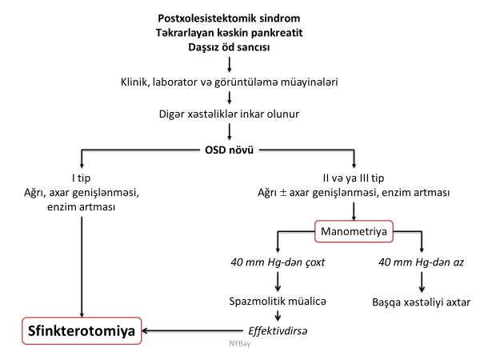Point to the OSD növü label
click(x=230, y=150)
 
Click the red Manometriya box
click(x=354, y=232)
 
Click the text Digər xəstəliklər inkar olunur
click(x=230, y=114)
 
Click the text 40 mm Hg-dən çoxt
click(x=278, y=262)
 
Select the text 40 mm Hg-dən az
click(x=422, y=262)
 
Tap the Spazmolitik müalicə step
click(x=278, y=302)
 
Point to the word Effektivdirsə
click(x=278, y=330)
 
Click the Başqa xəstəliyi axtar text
click(x=422, y=302)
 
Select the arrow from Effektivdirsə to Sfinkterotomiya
click(x=192, y=330)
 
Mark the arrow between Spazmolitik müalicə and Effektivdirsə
click(x=278, y=315)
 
